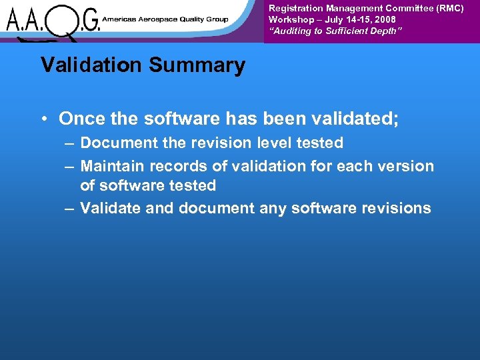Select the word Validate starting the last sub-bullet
[x=110, y=208]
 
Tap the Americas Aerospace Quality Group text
[x=165, y=19]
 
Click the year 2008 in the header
[x=384, y=20]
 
